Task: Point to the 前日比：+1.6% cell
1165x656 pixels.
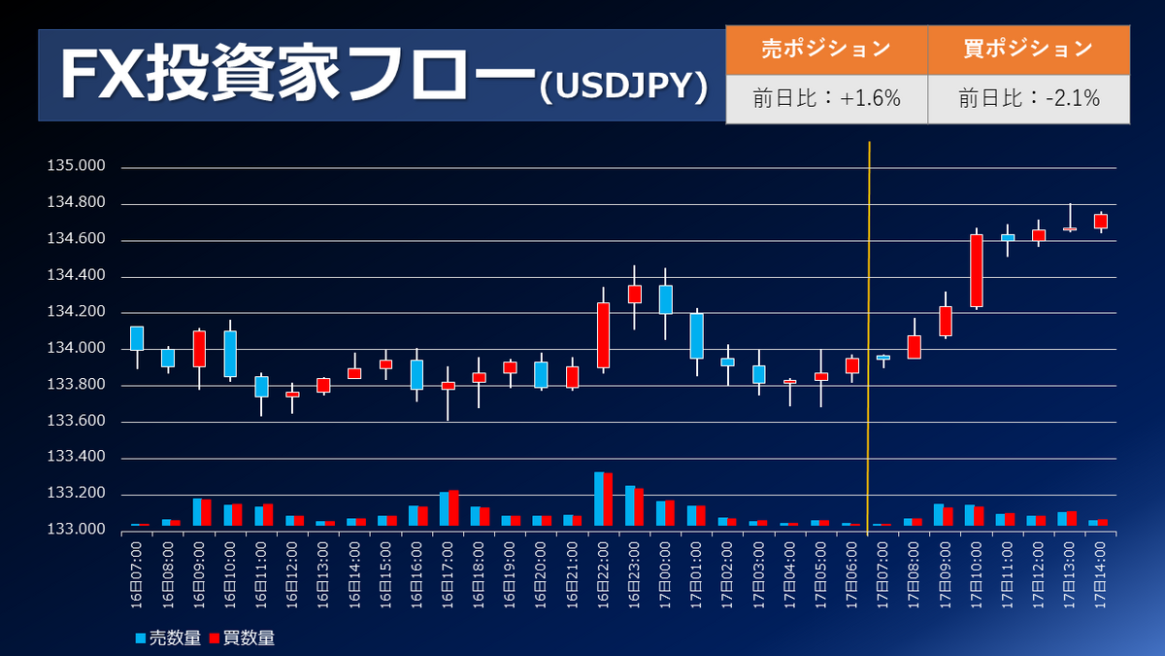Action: coord(826,98)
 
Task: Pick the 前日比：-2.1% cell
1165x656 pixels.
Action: coord(1028,98)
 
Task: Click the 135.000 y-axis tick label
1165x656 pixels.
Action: coord(76,166)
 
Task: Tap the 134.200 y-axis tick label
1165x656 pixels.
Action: coord(76,312)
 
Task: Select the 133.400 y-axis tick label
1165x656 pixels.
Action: coord(76,458)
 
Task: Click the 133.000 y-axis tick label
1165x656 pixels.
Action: coord(76,530)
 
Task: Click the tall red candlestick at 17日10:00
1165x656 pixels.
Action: coord(977,270)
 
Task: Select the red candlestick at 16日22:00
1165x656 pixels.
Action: coord(603,334)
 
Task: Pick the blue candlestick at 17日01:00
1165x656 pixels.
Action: coord(696,335)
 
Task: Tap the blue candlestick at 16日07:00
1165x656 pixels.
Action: coord(137,337)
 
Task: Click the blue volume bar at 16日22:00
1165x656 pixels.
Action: coord(599,500)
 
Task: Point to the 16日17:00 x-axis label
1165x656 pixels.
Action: coord(448,573)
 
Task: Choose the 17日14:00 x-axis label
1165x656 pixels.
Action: coord(1101,573)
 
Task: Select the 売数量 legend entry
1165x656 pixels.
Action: coord(169,638)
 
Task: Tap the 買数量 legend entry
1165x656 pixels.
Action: coord(242,638)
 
